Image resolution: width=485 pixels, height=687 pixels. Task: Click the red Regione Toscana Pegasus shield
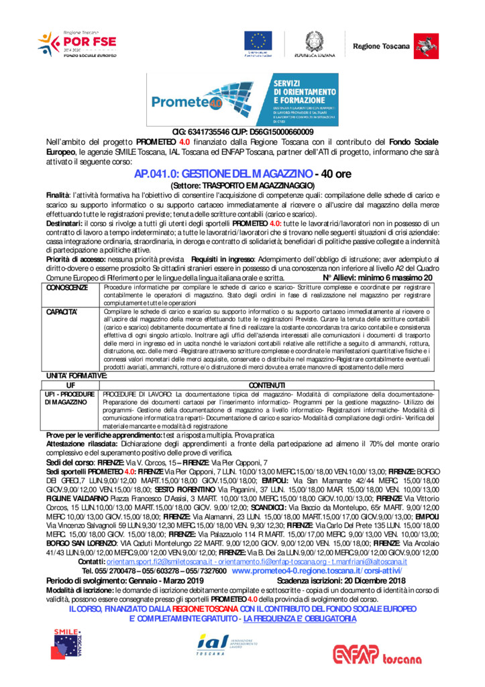click(x=423, y=44)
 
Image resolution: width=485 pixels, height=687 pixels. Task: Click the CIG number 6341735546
click(x=211, y=132)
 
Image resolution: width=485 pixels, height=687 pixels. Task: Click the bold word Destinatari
click(x=64, y=223)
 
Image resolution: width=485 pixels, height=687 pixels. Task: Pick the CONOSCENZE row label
click(x=66, y=287)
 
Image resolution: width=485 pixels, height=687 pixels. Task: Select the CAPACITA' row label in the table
click(x=62, y=312)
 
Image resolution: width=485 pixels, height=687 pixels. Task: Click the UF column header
click(x=70, y=384)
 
